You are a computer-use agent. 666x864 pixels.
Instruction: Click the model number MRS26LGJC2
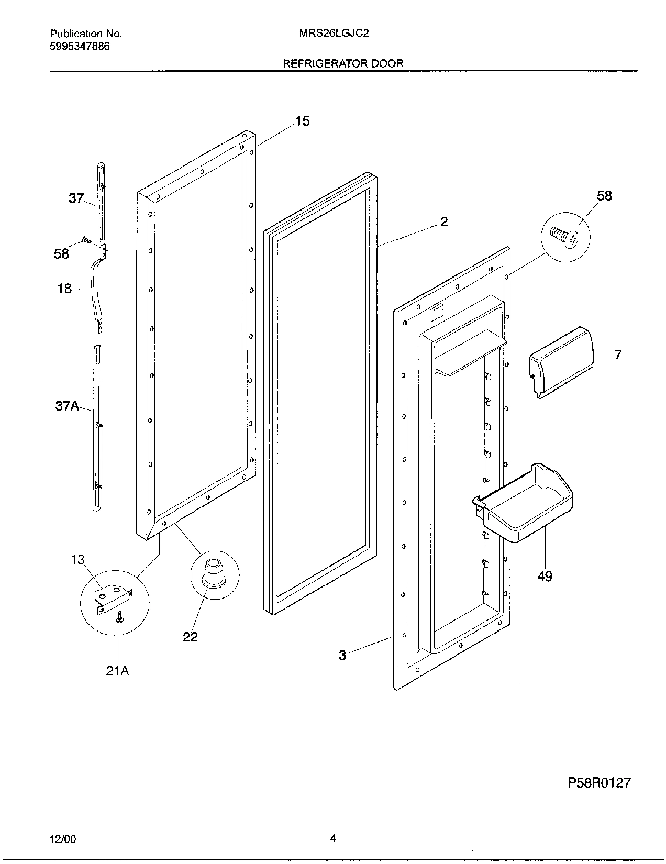tap(334, 34)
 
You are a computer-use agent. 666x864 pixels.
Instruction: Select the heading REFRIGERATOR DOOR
tap(343, 63)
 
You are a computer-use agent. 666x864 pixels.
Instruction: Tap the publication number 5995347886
tap(80, 46)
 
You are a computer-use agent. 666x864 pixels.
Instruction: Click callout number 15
tap(302, 121)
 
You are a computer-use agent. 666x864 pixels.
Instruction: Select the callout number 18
tap(64, 289)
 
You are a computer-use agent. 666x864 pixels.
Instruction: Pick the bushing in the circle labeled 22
tap(213, 571)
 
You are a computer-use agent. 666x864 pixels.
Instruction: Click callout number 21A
tap(117, 671)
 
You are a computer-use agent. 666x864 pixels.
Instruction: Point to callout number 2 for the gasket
tap(443, 222)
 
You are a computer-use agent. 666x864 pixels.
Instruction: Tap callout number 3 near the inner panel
tap(342, 655)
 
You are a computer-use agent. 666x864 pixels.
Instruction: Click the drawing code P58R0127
tap(599, 783)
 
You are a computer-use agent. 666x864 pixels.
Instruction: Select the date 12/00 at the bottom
tap(63, 839)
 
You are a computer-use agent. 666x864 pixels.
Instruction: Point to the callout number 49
tap(545, 576)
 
